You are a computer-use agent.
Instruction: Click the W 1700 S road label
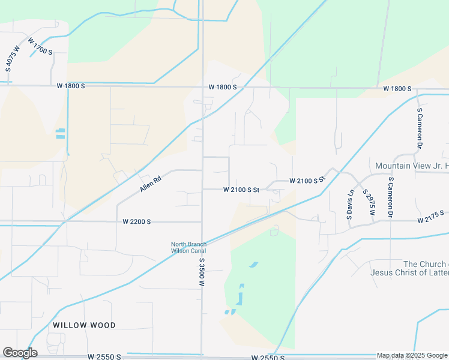point(40,46)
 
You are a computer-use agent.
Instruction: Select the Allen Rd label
point(151,184)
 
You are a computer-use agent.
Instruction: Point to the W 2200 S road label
point(136,221)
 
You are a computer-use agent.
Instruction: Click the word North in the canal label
point(179,244)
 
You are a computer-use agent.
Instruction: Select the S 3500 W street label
point(202,272)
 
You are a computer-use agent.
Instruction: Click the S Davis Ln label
point(351,205)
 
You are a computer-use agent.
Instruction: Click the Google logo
point(20,353)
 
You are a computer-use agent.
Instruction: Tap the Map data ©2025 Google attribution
point(411,355)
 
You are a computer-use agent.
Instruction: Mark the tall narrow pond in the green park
point(241,294)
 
